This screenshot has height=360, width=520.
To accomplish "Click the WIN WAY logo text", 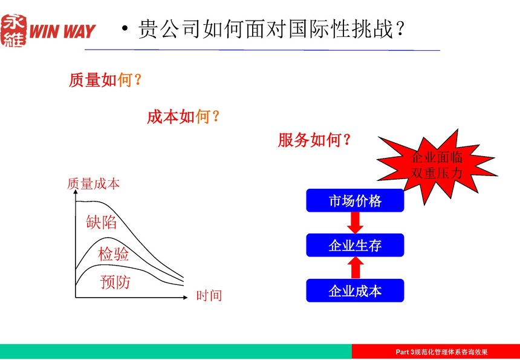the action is point(63,31).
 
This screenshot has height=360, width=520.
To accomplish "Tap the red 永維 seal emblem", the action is point(13,30).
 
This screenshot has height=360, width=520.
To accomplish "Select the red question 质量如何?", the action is point(105,80).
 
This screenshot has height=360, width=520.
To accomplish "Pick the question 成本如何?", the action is point(183,117).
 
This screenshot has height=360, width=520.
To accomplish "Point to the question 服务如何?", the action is point(314,140).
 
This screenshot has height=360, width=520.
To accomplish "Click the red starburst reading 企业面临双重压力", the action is point(437,165).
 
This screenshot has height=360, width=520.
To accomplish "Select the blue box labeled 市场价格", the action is point(355,200).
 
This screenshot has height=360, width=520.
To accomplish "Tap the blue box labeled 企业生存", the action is point(355,245).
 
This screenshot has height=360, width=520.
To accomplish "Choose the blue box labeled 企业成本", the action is point(355,290).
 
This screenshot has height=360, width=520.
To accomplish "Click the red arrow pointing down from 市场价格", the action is point(355,223).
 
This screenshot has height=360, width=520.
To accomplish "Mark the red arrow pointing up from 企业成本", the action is point(355,268).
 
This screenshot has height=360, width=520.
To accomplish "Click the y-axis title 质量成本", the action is point(93,184).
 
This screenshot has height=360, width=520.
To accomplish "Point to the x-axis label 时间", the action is point(209,295).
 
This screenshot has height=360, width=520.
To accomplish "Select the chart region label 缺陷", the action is point(102,222).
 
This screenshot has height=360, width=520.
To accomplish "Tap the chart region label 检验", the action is point(114,254).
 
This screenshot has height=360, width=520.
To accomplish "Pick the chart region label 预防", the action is point(115,282).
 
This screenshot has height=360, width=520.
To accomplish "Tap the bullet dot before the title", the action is point(125,30).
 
